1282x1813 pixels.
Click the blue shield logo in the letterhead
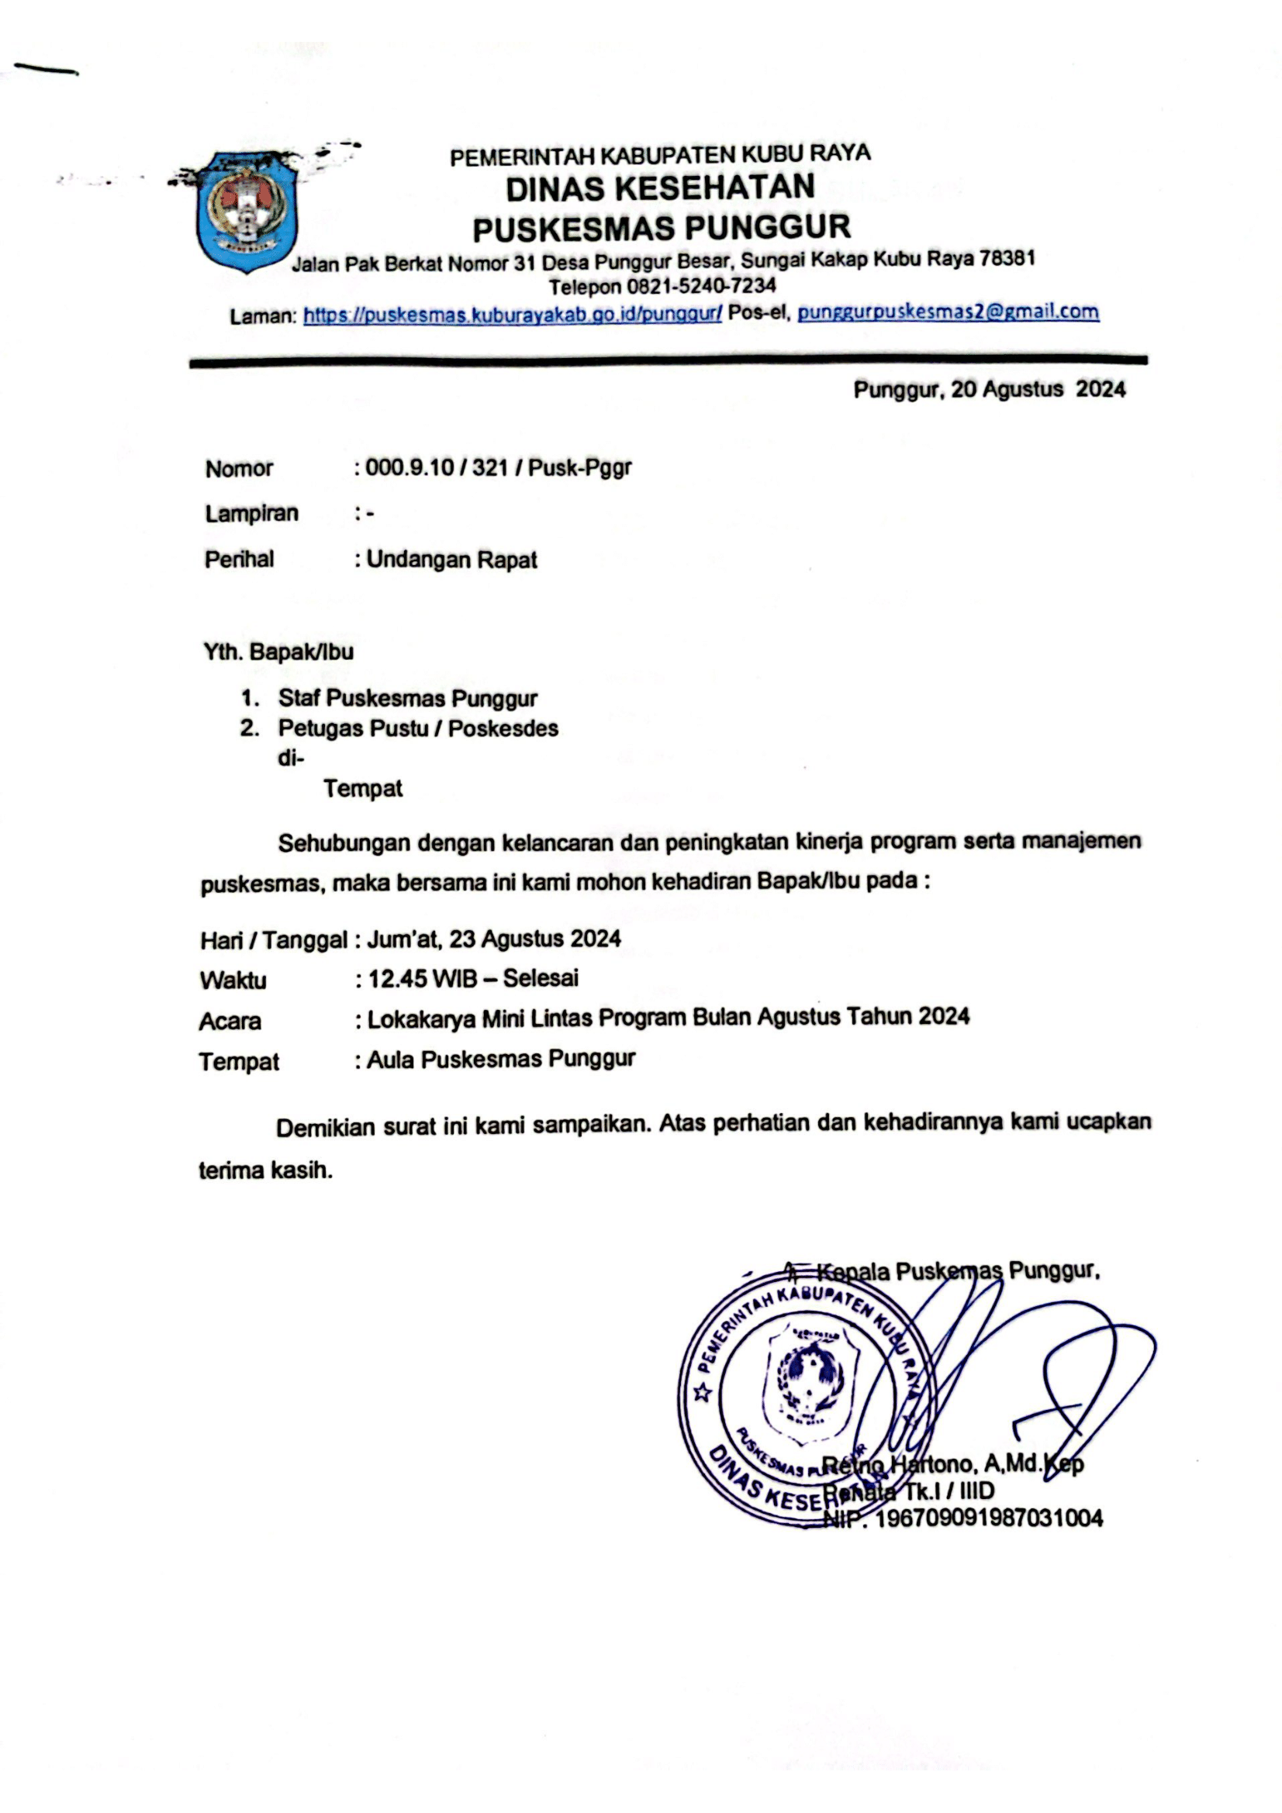click(x=247, y=212)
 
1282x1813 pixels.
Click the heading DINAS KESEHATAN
click(x=660, y=188)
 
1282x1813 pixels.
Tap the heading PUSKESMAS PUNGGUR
click(x=661, y=228)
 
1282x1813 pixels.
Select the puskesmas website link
click(x=512, y=315)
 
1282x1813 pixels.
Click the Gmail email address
click(x=948, y=312)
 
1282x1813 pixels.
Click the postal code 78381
click(x=1007, y=258)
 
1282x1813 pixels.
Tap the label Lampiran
click(x=251, y=513)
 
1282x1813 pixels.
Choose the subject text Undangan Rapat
click(x=451, y=560)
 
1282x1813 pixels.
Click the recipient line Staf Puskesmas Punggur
click(x=408, y=699)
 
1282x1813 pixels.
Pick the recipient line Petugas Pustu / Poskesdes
click(x=418, y=728)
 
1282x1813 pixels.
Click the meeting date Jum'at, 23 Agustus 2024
click(x=494, y=939)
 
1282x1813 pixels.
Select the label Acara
click(x=230, y=1021)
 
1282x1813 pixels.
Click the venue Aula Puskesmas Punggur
click(x=501, y=1060)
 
